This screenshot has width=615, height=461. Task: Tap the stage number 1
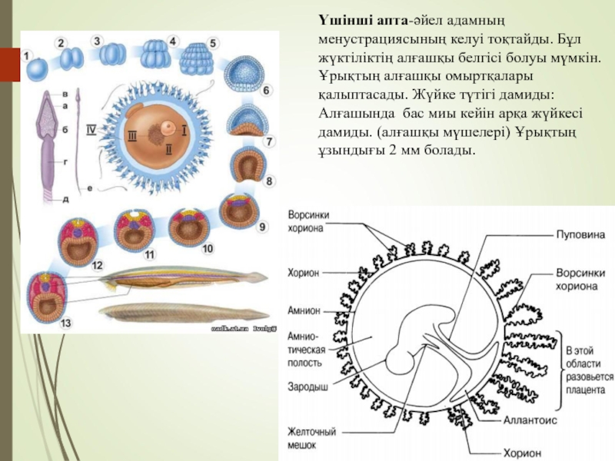[x=26, y=56]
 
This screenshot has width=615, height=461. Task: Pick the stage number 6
[x=266, y=91]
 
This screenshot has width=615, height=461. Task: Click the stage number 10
[x=208, y=248]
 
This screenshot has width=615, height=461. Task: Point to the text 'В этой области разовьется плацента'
[x=589, y=366]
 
